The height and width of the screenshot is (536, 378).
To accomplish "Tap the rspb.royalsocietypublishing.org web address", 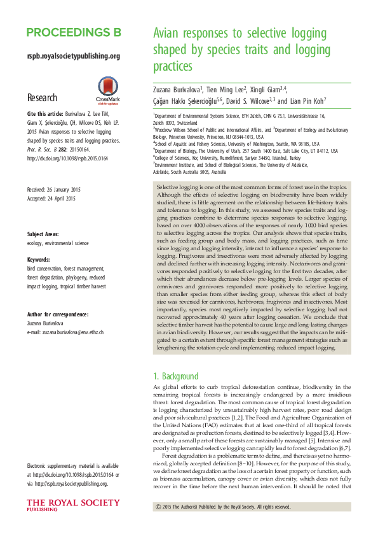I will [x=74, y=56].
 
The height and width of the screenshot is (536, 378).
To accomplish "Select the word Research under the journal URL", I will [x=42, y=98].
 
